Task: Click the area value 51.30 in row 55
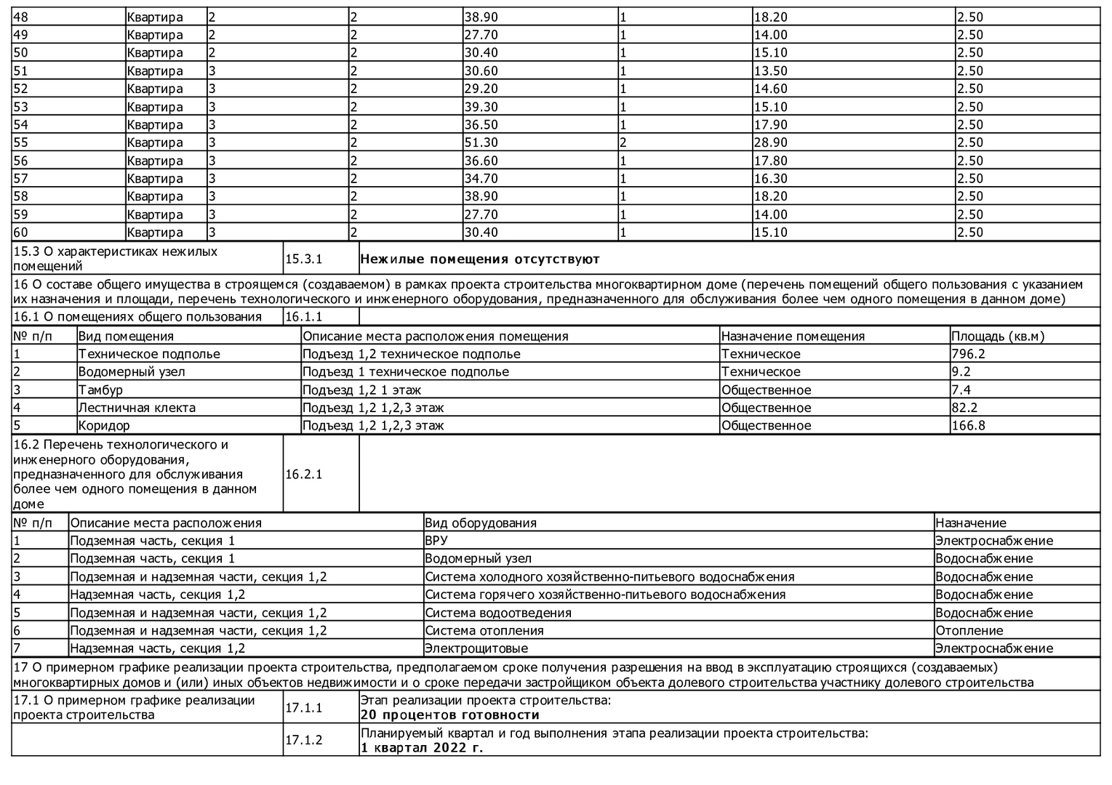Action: pos(481,142)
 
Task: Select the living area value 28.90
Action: pos(770,142)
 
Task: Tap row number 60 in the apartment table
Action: pos(21,233)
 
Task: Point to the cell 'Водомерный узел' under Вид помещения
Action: pos(132,371)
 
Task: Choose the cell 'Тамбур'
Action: pos(100,390)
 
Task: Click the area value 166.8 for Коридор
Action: pos(968,425)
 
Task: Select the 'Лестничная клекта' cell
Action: pos(137,408)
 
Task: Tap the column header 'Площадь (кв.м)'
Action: pos(997,336)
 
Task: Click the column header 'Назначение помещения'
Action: pos(793,336)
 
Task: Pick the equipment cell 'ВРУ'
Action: pos(436,541)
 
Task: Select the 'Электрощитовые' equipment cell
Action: pos(476,648)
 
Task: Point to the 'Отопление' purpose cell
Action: pos(969,630)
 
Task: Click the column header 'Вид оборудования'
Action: pos(481,523)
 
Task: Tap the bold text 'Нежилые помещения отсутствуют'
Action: pos(480,259)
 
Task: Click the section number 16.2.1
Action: pos(303,474)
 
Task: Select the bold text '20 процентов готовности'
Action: pos(450,715)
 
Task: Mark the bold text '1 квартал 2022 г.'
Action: pos(422,747)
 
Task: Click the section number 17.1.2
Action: pos(303,740)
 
